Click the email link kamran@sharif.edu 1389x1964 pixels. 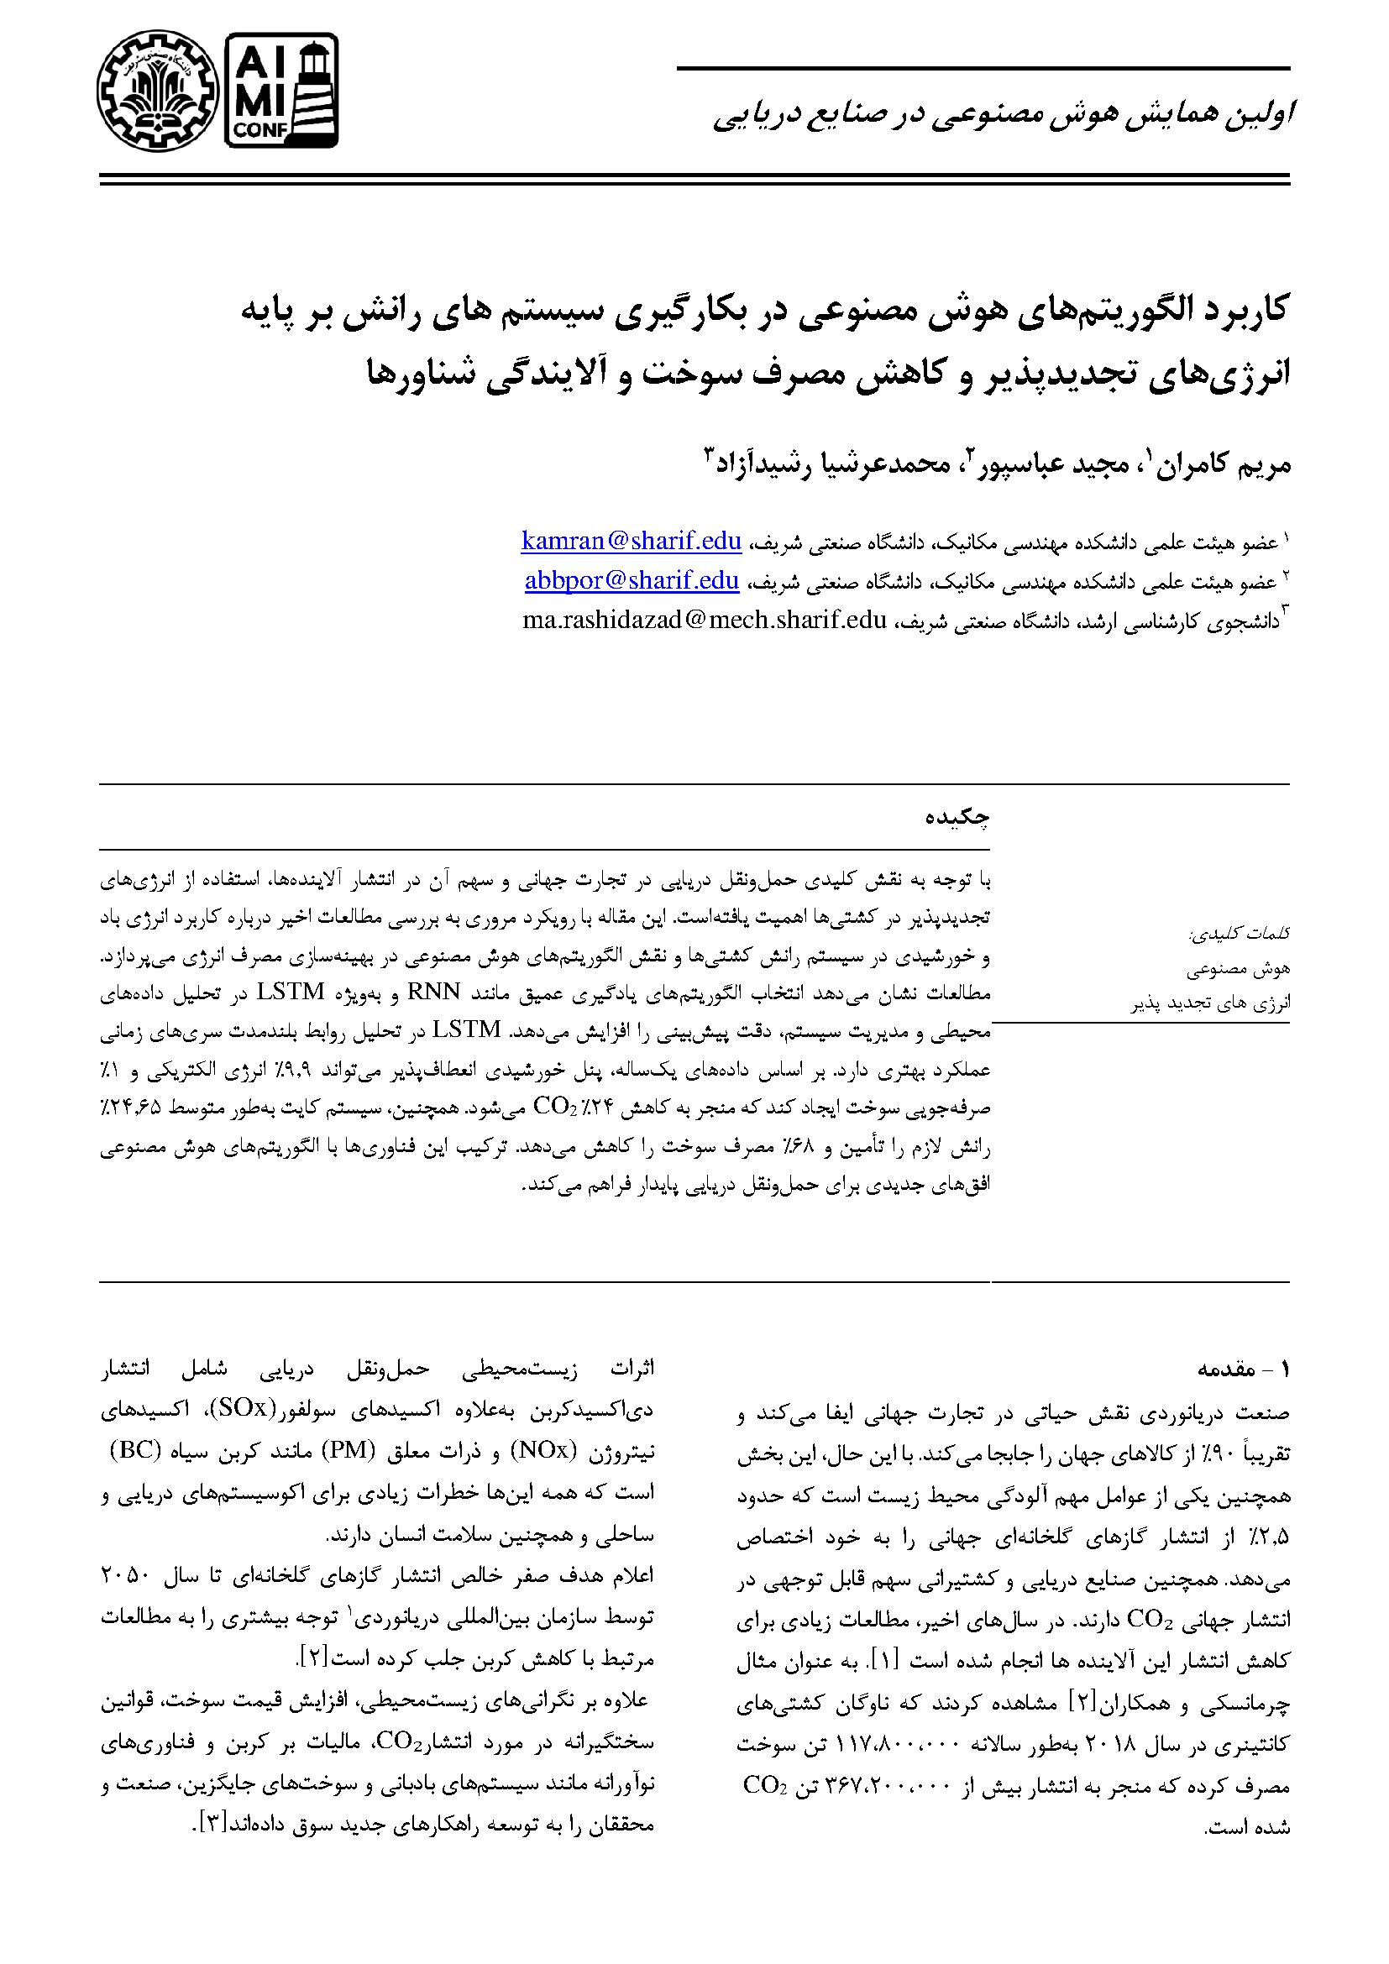632,541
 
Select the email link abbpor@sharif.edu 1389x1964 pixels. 632,581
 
